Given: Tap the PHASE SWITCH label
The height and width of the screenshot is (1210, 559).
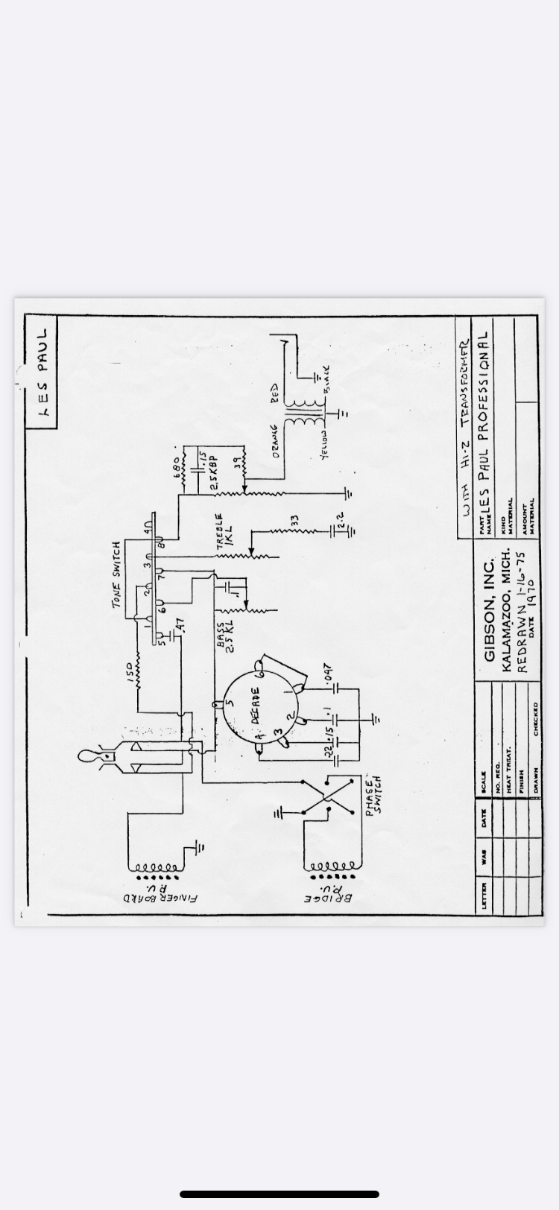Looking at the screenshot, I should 373,796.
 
